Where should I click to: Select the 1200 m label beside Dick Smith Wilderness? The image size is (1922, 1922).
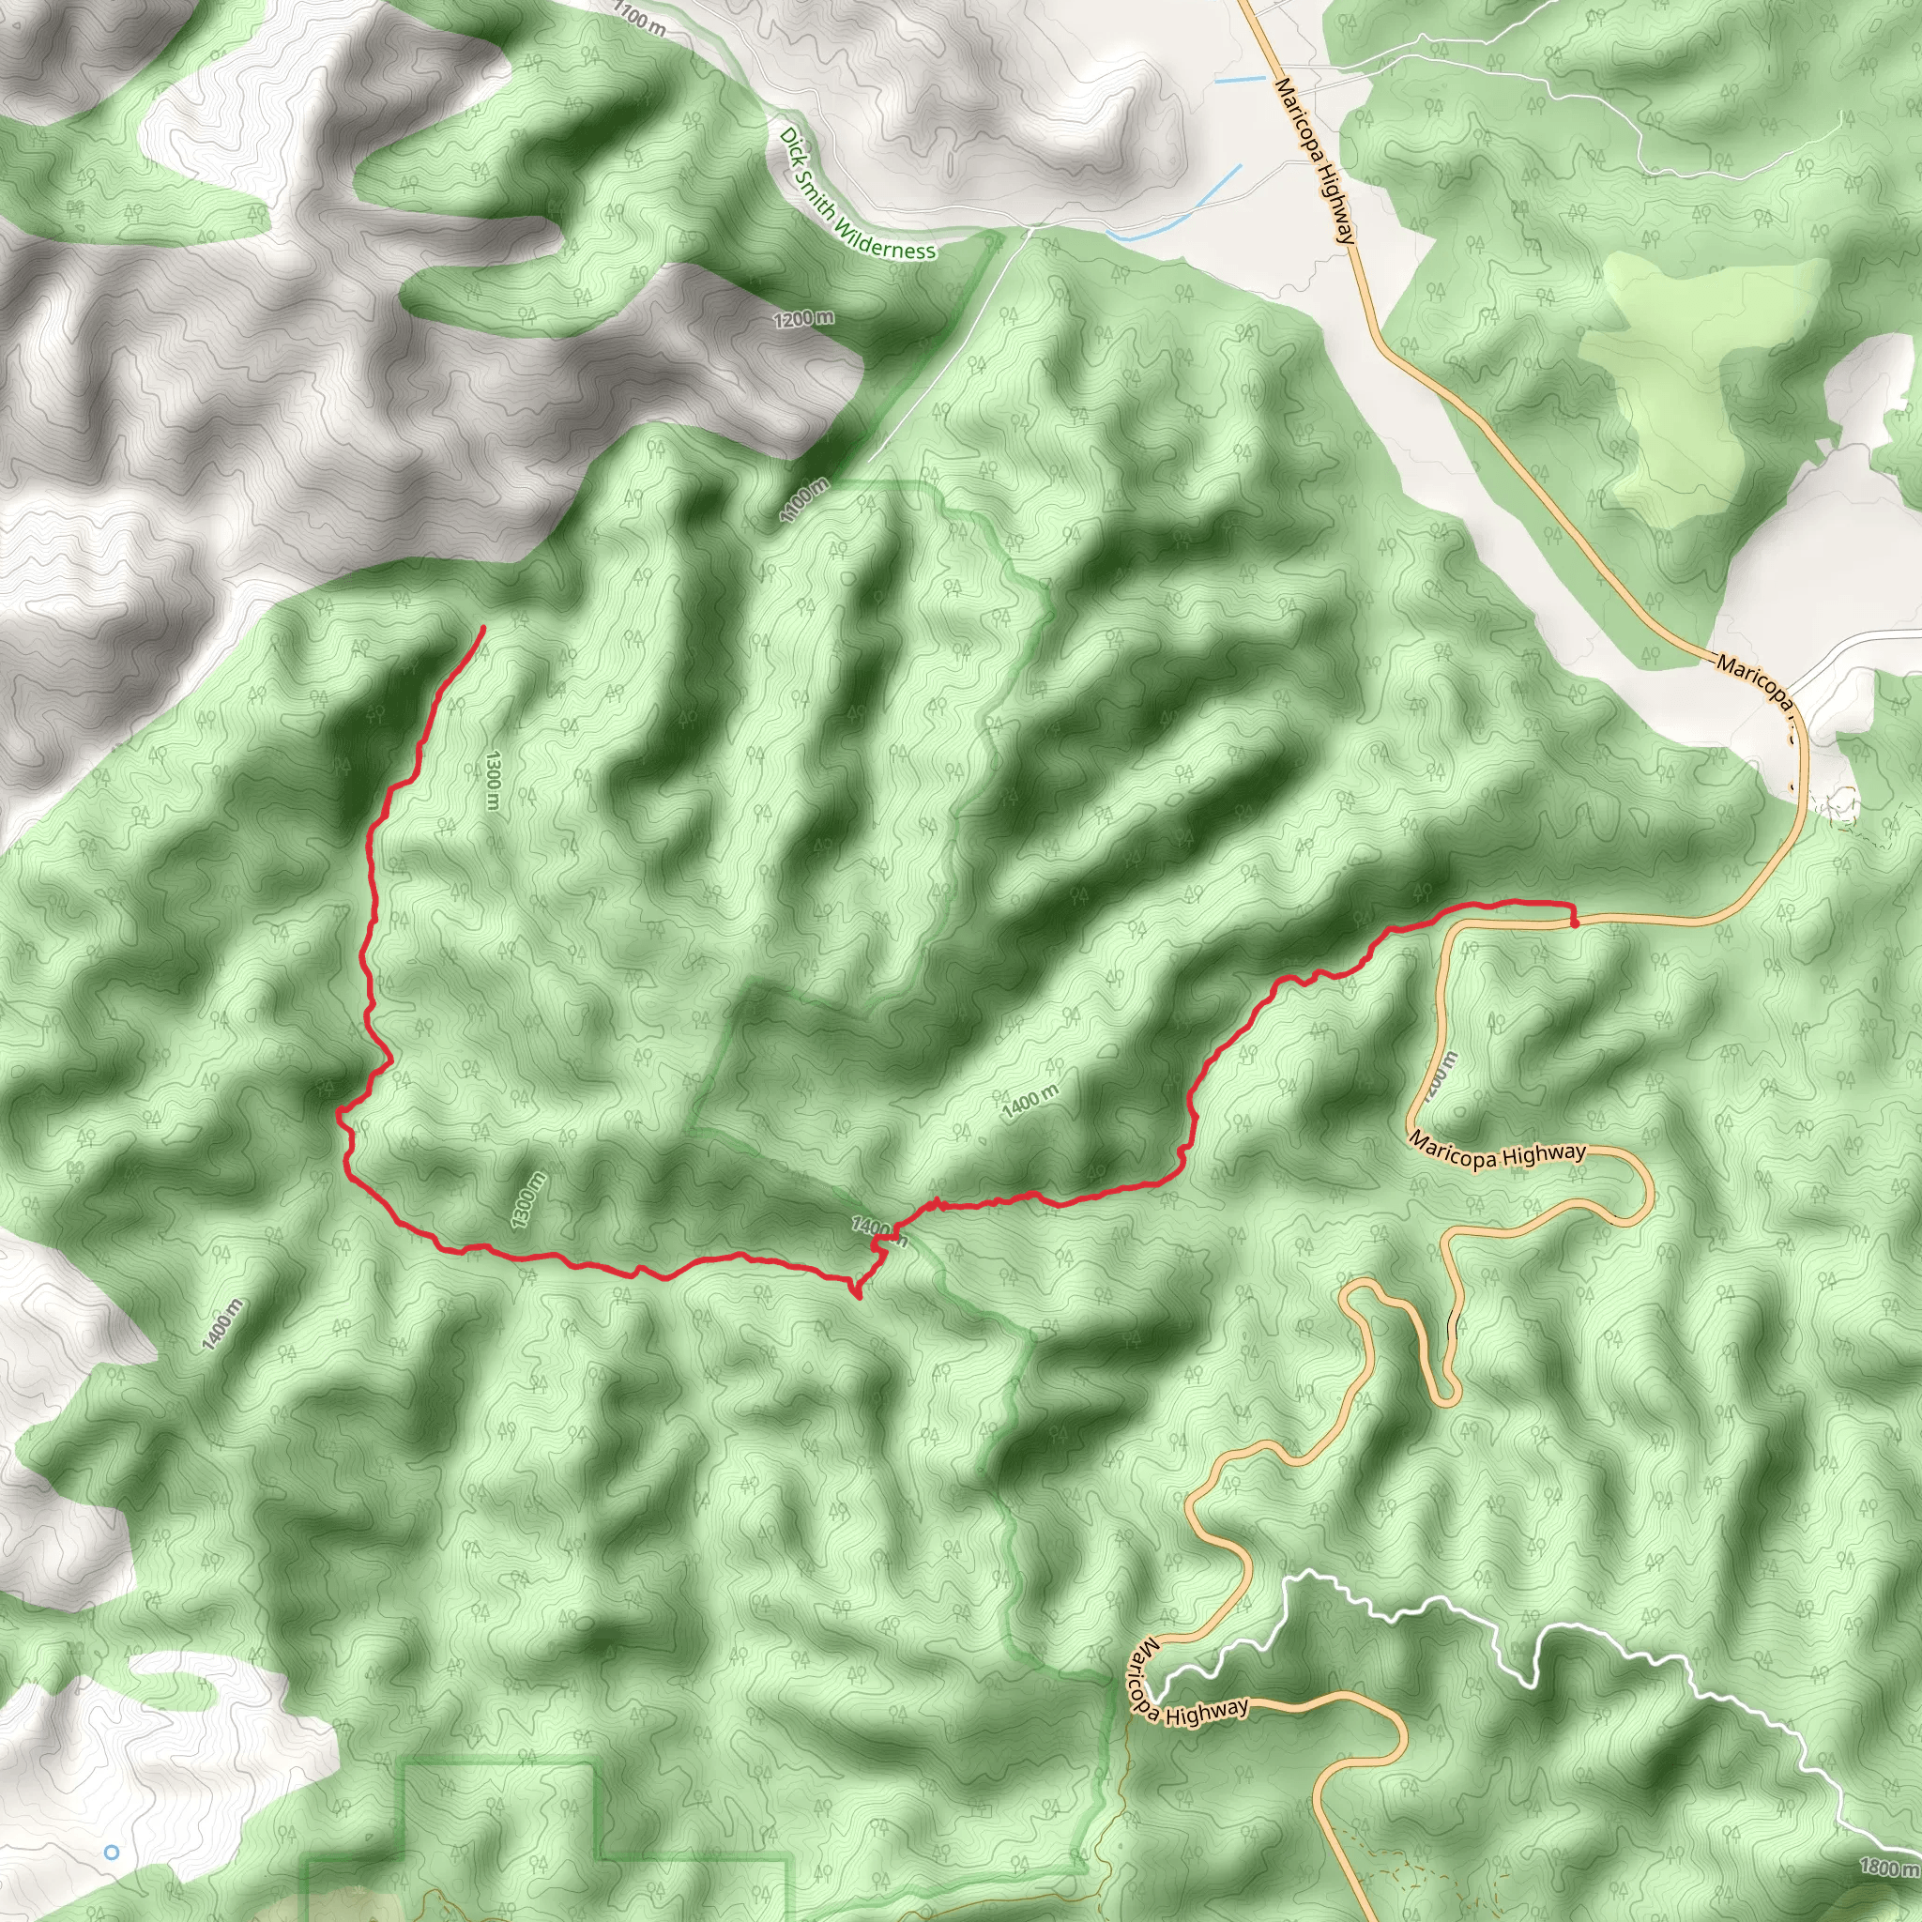804,319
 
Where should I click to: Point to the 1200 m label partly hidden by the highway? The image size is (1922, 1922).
1440,1077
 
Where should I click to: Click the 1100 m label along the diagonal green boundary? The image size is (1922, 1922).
805,500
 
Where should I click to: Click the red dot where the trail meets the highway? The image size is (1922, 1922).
1575,923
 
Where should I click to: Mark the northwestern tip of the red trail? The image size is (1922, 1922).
483,627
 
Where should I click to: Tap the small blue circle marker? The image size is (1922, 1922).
112,1853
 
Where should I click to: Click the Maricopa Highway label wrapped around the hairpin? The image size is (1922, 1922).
1186,1683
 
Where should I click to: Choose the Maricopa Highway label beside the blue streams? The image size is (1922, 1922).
1315,160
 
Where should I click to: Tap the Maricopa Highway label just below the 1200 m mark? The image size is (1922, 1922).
1498,1153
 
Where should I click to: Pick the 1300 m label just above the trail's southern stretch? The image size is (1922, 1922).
527,1200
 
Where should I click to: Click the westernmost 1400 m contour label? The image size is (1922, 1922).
221,1326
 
